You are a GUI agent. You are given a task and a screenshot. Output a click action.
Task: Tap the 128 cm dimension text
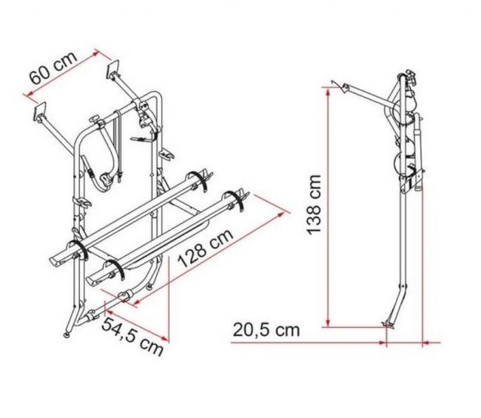[x=206, y=249]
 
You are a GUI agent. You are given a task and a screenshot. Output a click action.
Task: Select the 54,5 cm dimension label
[x=132, y=337]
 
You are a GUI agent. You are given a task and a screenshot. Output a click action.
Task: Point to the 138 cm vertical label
[x=314, y=204]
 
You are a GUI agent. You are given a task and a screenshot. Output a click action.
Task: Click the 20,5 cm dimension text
[x=266, y=330]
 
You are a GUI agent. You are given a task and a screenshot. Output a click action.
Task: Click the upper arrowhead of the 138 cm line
[x=328, y=91]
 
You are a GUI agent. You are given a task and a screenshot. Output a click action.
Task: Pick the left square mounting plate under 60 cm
[x=40, y=110]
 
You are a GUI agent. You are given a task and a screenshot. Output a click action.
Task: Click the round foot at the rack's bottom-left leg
[x=66, y=335]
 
